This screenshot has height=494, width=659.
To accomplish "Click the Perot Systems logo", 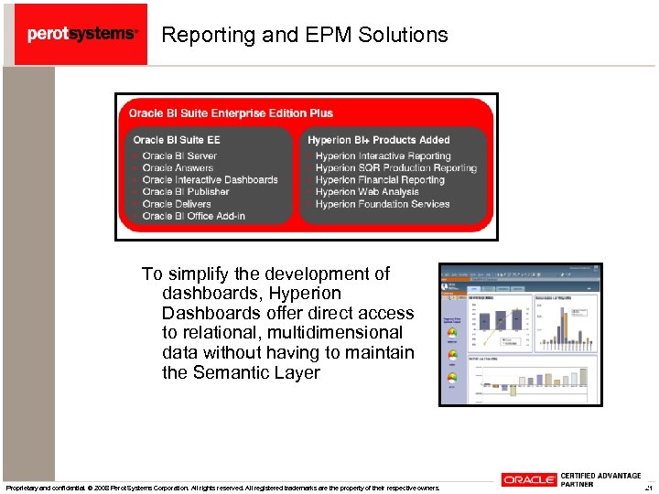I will (81, 34).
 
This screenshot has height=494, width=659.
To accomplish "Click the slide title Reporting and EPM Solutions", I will (305, 35).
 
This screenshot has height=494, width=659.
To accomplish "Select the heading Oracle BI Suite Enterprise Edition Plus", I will (231, 113).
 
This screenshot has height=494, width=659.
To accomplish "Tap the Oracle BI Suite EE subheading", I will (177, 140).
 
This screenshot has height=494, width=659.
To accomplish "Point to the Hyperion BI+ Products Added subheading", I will (379, 140).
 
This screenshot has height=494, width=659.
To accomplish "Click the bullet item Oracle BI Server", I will (179, 156).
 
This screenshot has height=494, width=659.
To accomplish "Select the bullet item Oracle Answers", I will (178, 168).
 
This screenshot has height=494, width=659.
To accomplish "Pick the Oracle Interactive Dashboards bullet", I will (210, 180).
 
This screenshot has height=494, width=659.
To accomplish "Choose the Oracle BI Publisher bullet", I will (186, 192).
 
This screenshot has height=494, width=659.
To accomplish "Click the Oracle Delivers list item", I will (177, 204).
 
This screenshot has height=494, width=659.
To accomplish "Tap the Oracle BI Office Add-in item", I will (193, 216).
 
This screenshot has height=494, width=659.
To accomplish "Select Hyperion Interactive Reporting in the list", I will (383, 156).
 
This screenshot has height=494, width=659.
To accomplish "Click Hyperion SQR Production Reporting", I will (395, 168).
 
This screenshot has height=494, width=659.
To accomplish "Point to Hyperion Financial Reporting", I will (380, 180).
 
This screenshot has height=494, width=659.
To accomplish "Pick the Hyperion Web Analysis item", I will (367, 192).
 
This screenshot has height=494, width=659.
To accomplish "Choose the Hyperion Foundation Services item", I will (383, 204).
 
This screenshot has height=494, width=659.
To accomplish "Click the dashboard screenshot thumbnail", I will (520, 335).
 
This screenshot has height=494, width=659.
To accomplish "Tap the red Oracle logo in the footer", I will (529, 480).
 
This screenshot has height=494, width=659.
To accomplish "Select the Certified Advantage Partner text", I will (600, 479).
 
